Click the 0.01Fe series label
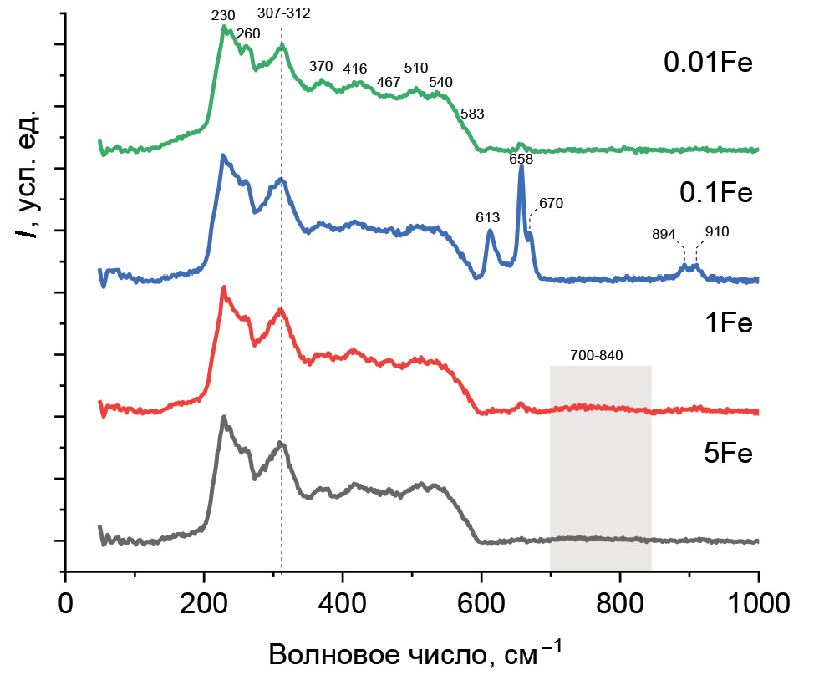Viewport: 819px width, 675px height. (709, 63)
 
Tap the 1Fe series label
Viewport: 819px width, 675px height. (729, 322)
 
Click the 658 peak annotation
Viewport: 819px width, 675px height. (521, 159)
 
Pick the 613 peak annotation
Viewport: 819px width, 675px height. (489, 218)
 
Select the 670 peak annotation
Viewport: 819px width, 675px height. (552, 203)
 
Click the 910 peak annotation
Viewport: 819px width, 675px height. (717, 232)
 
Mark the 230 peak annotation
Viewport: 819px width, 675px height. (223, 15)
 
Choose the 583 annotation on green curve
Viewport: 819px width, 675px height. (472, 113)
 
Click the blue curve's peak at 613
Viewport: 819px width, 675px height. (490, 231)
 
